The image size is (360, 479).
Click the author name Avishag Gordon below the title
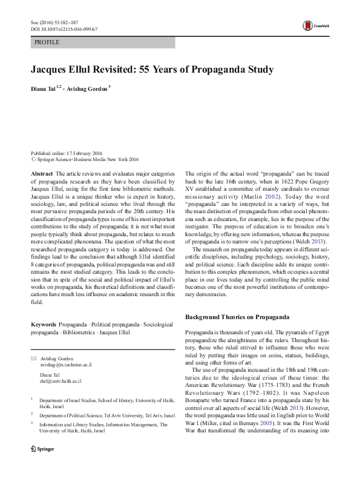click(88, 90)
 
